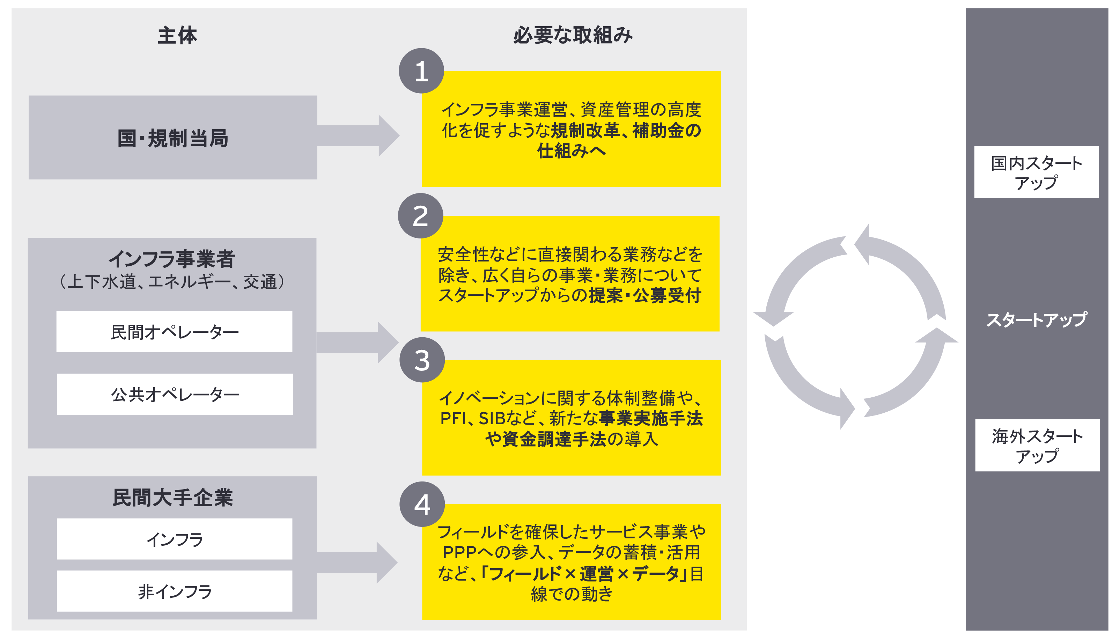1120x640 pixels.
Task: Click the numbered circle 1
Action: [421, 71]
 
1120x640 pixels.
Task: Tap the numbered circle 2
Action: [420, 216]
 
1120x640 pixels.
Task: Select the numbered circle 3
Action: [421, 360]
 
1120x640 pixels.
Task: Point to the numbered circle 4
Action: [421, 504]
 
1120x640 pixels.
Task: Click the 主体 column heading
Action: [177, 35]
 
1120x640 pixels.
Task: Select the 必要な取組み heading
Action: [573, 35]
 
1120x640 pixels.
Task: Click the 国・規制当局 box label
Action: [173, 138]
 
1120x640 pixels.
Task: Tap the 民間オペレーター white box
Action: [175, 332]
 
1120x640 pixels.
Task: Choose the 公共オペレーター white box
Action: [175, 394]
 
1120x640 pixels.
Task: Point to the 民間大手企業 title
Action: [173, 498]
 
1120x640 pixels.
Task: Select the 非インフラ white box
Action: [175, 591]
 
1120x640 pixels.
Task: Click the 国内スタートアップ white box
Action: [1036, 172]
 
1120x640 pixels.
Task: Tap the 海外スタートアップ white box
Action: [1037, 445]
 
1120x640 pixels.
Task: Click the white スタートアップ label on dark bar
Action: [1036, 319]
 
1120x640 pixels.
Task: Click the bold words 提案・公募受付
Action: [644, 295]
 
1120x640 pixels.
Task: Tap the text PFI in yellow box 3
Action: [452, 418]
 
